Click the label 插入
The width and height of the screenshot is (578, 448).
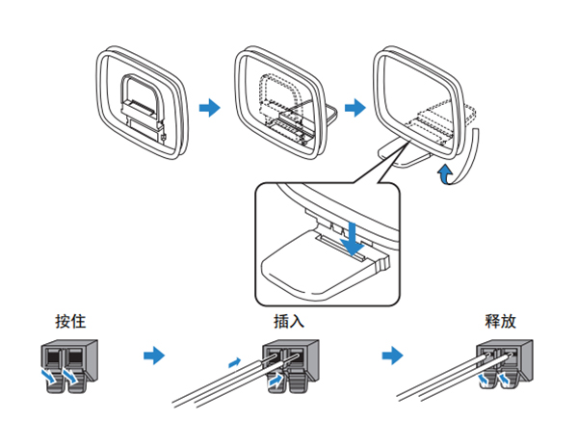tap(289, 321)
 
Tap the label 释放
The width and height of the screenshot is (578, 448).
tap(505, 321)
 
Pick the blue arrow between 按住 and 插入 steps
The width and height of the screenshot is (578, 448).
tap(153, 356)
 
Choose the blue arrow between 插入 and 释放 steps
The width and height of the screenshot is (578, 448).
tap(391, 356)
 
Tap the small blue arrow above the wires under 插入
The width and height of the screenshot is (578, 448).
tap(231, 363)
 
